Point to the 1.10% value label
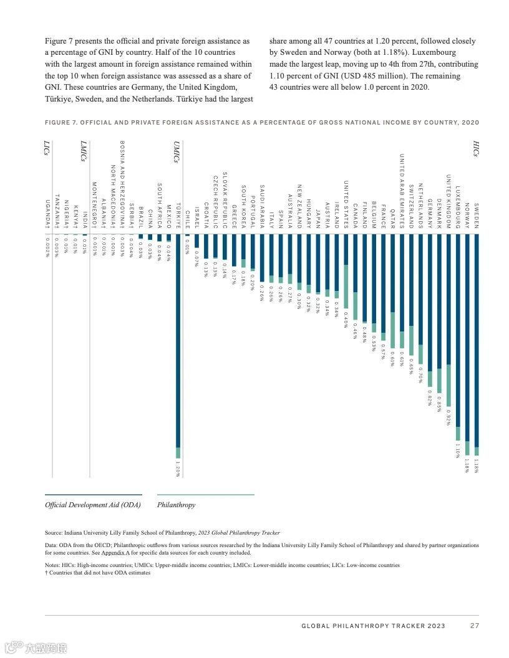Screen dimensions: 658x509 pyautogui.click(x=458, y=451)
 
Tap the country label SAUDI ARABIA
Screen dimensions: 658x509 pyautogui.click(x=262, y=206)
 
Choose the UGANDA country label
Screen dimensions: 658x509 pyautogui.click(x=47, y=214)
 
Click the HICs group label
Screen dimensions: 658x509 pyautogui.click(x=475, y=148)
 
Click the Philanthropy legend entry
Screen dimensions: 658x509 pyautogui.click(x=177, y=505)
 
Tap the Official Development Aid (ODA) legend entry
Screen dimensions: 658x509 pyautogui.click(x=93, y=505)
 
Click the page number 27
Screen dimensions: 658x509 pyautogui.click(x=475, y=626)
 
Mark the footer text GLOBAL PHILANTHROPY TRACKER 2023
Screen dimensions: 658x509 pyautogui.click(x=373, y=626)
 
